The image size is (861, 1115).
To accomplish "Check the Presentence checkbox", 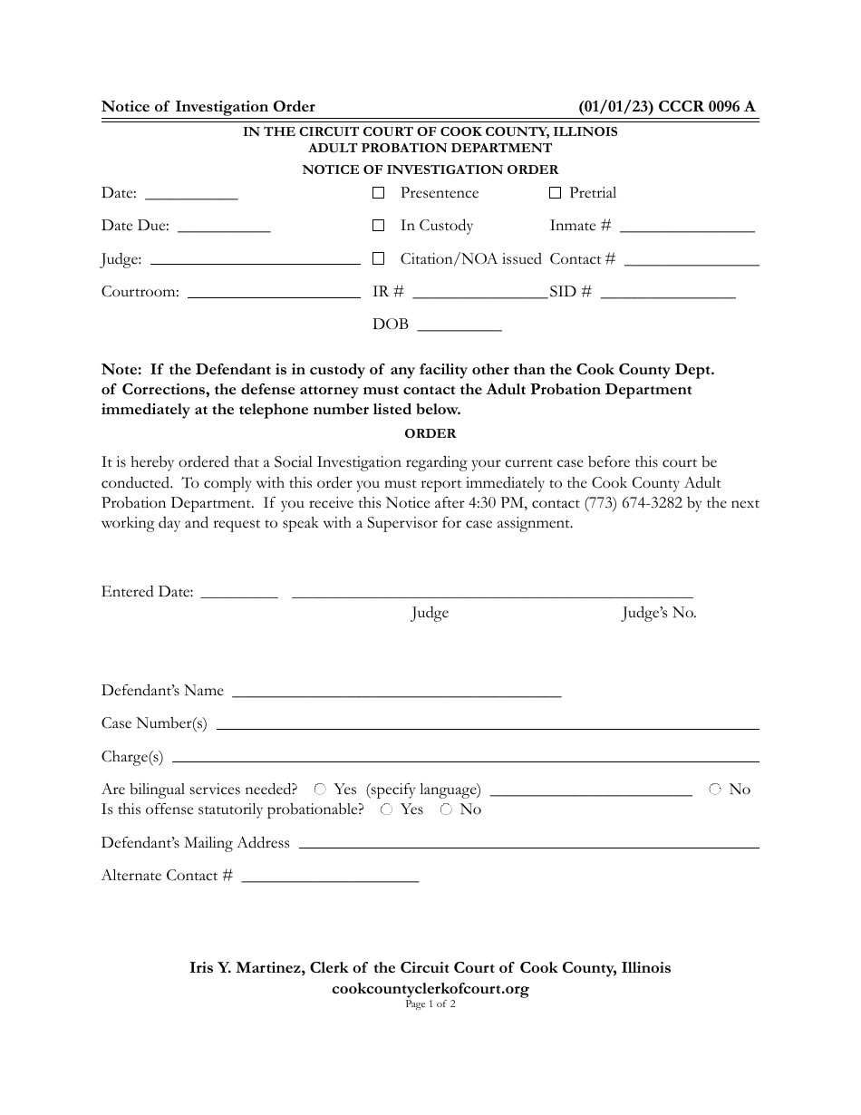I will pos(379,193).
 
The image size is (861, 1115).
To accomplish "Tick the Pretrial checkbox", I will pos(556,193).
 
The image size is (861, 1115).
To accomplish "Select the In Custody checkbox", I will pos(379,226).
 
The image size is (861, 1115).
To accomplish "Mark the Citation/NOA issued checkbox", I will pos(379,259).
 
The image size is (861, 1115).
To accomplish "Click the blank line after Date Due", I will pos(224,231).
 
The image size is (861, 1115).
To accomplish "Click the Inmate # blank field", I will pos(688,231).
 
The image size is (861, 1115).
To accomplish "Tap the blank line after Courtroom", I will pos(273,296).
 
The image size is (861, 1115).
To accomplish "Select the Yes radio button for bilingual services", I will pos(320,790).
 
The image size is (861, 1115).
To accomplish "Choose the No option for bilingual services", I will pos(715,790).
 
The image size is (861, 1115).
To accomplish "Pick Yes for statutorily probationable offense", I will pos(387,810).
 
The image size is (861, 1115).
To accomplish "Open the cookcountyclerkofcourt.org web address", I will pos(430,989).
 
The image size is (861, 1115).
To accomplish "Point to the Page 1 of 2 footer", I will pos(430,1004).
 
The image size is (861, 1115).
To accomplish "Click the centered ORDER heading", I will pos(430,433).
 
